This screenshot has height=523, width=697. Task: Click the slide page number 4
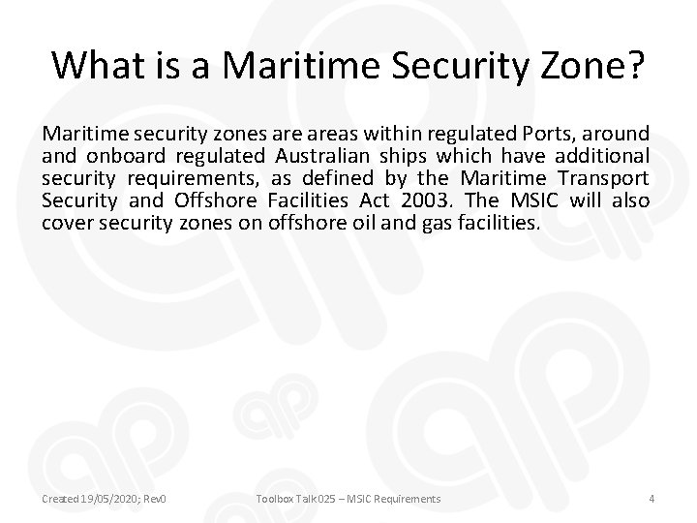pyautogui.click(x=652, y=498)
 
